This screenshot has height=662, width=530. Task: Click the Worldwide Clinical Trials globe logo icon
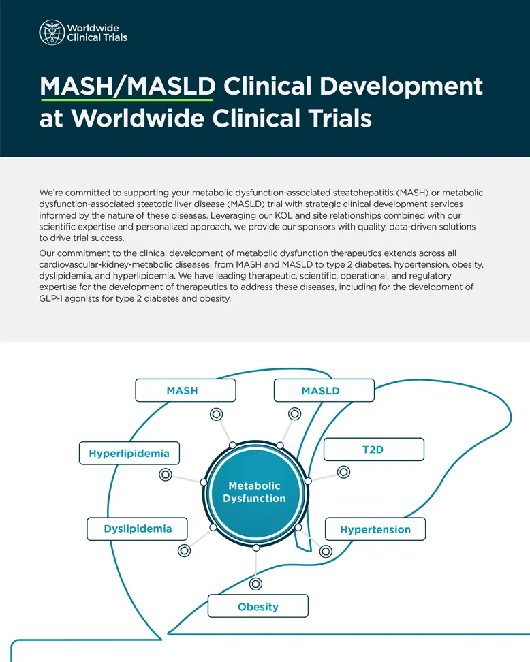(x=52, y=32)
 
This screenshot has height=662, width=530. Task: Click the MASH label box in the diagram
(x=185, y=390)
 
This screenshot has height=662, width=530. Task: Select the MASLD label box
(x=324, y=390)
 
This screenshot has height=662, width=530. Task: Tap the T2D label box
(x=373, y=450)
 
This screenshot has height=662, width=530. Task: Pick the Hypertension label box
(x=375, y=529)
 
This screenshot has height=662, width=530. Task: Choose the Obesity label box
(x=258, y=606)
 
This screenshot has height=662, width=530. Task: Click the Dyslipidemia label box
(x=138, y=529)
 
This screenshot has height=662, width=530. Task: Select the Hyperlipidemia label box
(x=129, y=453)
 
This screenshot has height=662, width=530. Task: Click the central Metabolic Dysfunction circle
(x=255, y=492)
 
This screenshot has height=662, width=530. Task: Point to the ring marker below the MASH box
(x=216, y=413)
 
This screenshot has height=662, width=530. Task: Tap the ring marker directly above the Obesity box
(x=255, y=584)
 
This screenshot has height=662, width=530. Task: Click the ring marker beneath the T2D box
(x=343, y=471)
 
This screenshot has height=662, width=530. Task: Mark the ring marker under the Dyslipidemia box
(x=183, y=550)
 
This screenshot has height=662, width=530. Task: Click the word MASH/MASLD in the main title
(x=127, y=87)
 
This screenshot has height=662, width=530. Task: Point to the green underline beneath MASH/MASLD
(x=127, y=101)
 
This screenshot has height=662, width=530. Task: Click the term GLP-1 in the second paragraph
(x=55, y=298)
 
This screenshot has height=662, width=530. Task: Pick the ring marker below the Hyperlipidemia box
(x=165, y=475)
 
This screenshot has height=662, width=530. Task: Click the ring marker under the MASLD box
(x=294, y=413)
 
